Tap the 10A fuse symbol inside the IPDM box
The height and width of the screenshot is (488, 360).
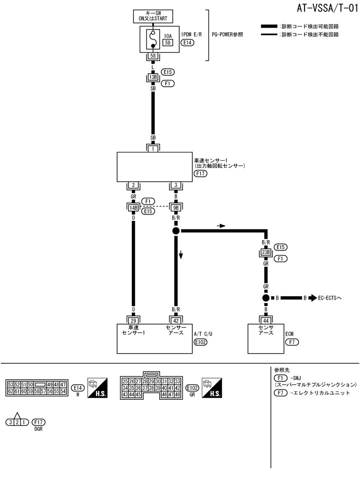tap(153, 39)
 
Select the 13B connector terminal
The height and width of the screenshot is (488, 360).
tap(153, 78)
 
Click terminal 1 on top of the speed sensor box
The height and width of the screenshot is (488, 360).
tap(153, 148)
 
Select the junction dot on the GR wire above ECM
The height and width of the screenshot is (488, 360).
tap(265, 298)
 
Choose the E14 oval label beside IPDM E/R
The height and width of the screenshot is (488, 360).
tap(188, 43)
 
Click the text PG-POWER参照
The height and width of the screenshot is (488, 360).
tap(234, 35)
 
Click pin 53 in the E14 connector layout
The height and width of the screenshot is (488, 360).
tap(10, 384)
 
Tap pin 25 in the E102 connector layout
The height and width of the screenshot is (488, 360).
tap(125, 381)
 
